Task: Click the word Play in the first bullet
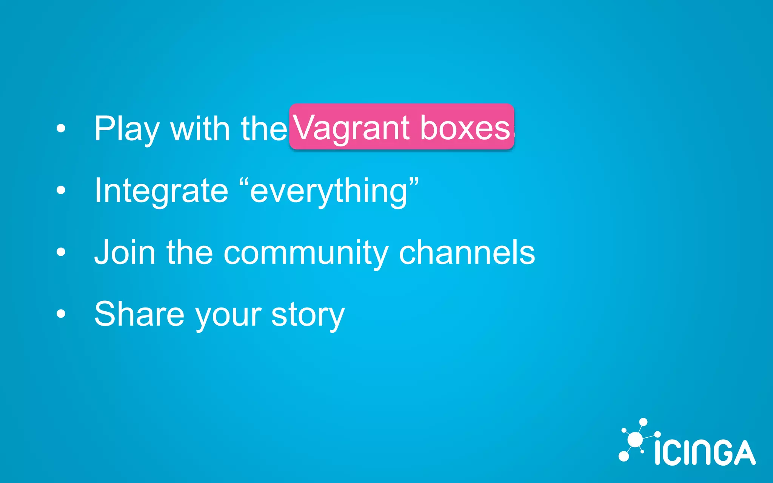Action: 127,129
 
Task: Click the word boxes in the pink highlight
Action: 465,128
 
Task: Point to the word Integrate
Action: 161,191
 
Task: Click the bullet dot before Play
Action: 61,129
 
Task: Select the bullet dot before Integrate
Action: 61,191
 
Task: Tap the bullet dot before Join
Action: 61,252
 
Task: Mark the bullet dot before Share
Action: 61,314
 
